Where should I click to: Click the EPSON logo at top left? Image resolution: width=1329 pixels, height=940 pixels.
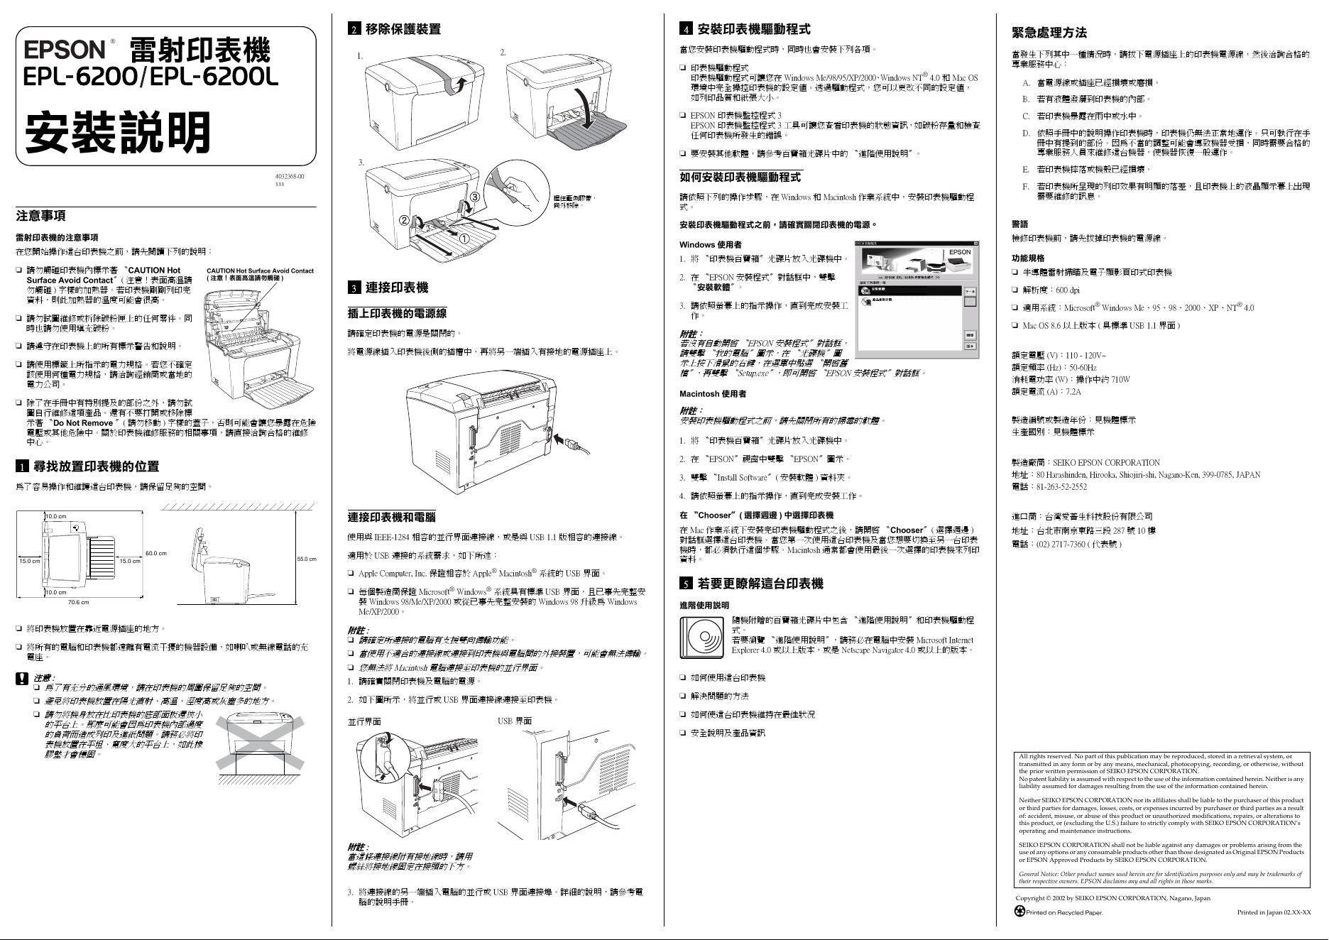coord(65,49)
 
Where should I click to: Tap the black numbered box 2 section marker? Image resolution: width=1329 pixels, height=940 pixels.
coord(354,29)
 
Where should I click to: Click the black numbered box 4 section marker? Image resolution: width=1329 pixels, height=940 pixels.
coord(686,29)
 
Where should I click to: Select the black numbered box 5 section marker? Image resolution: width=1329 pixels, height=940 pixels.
coord(686,584)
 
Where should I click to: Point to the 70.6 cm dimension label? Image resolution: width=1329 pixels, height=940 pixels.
coord(78,603)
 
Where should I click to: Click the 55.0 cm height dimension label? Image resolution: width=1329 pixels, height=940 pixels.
coord(307,559)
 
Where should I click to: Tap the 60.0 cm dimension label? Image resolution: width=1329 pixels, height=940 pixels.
coord(155,553)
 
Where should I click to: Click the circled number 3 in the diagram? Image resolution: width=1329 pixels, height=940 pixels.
coord(475,197)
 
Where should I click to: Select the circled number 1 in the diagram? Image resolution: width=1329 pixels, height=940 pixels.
coord(464,239)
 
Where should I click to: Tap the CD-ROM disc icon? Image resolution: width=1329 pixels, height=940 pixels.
coord(701,638)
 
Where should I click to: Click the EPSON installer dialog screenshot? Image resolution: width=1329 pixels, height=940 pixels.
coord(917,298)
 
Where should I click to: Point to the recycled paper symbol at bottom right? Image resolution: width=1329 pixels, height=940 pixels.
coord(1020,912)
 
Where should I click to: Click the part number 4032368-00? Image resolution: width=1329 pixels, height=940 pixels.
coord(290,176)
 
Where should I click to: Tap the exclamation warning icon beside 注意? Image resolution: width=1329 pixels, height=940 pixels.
coord(22,679)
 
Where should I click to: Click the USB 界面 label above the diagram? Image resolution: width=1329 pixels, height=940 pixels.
coord(515,721)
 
